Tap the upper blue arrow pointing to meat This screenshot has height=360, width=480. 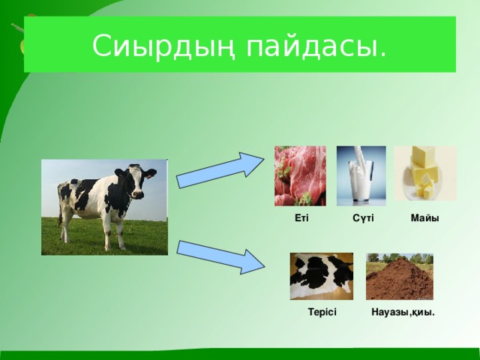(x=220, y=170)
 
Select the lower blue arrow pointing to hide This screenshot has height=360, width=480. (x=220, y=257)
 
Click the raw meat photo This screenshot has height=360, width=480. (x=300, y=175)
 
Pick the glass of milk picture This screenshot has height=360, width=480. (x=361, y=175)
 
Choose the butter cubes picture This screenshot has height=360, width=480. (x=425, y=173)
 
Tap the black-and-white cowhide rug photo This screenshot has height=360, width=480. (x=322, y=276)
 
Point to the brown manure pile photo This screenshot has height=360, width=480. (x=400, y=277)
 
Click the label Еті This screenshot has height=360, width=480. (x=301, y=218)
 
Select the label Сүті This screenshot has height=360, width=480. (x=363, y=218)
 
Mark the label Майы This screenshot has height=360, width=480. (x=425, y=218)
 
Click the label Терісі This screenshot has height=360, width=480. (x=322, y=312)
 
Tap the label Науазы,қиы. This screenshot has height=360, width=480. (x=403, y=312)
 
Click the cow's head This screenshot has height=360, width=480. (x=136, y=181)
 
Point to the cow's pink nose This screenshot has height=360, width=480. (x=138, y=194)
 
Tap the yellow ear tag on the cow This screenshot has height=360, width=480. (x=150, y=175)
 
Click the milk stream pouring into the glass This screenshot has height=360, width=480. (x=358, y=156)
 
